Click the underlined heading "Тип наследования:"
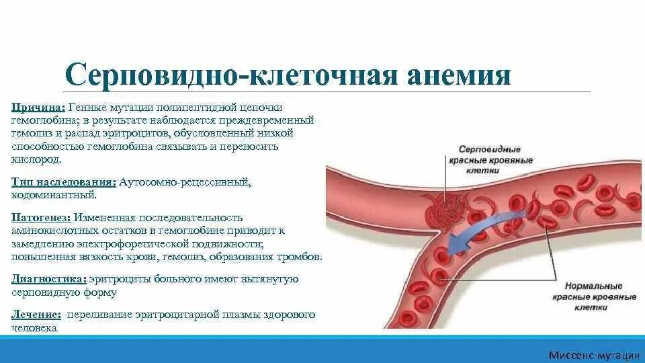click(64, 182)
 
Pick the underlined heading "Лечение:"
click(36, 315)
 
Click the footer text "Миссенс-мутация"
click(593, 354)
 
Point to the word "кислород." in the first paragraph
click(36, 160)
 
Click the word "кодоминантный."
click(54, 195)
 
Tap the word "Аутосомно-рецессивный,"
click(185, 182)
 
